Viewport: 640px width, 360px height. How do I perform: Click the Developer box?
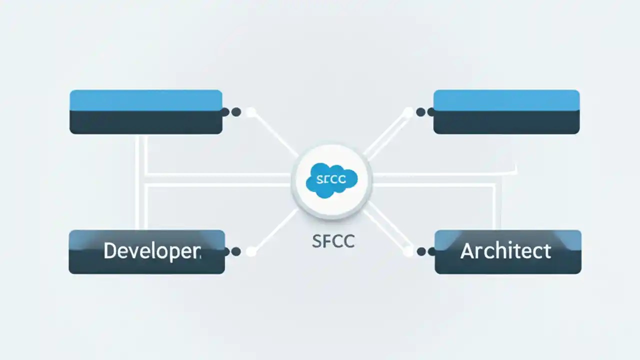146,252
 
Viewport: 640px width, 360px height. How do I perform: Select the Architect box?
507,252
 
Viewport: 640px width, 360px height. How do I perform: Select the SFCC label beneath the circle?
333,241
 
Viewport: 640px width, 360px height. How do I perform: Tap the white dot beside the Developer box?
251,251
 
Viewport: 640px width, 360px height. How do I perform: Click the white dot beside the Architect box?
408,251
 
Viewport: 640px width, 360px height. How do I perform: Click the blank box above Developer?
146,112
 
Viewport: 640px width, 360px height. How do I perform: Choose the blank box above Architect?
506,112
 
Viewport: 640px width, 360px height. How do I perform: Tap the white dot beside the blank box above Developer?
251,112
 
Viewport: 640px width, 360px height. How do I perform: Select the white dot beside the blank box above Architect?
408,112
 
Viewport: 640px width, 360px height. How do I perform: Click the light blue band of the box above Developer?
146,99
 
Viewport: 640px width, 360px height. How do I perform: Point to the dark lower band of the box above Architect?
506,122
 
